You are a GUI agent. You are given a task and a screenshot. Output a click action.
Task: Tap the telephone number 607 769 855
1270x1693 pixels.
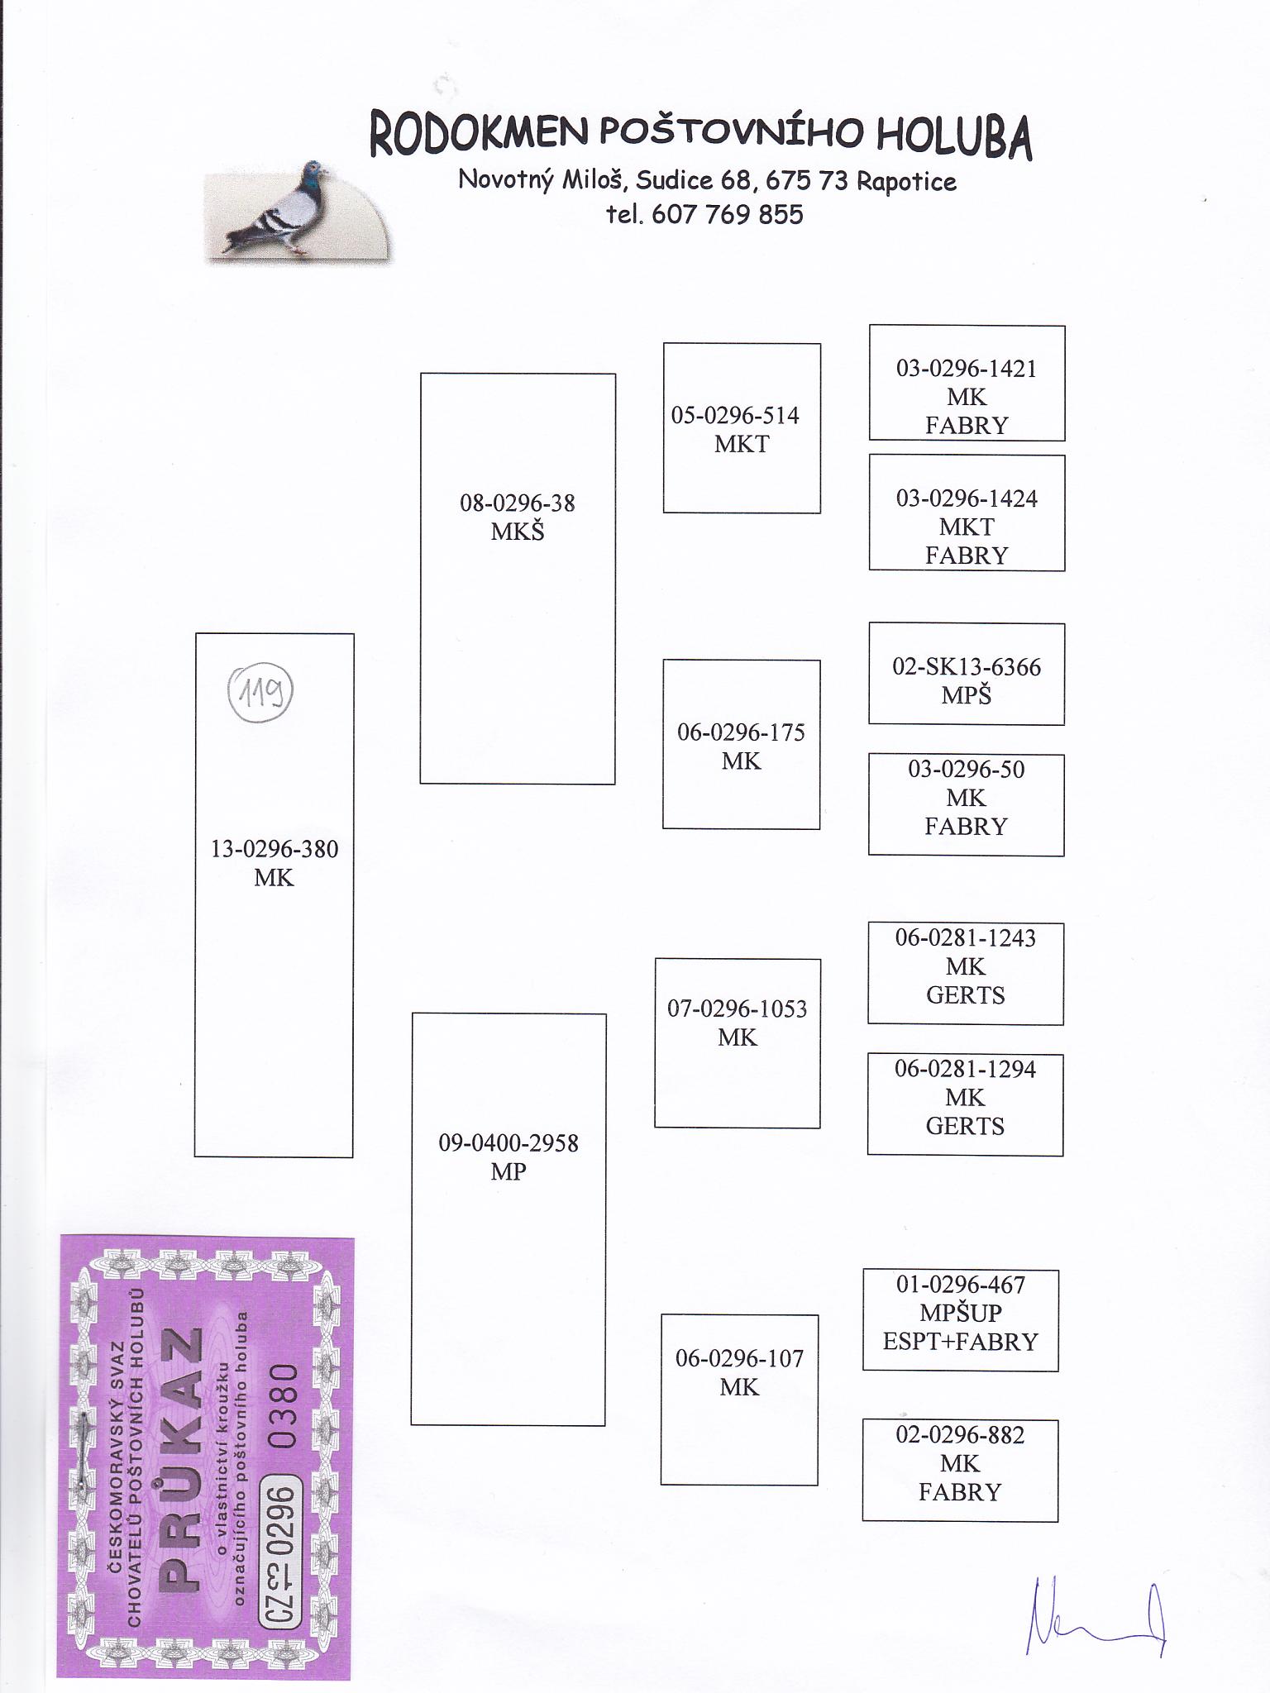[727, 215]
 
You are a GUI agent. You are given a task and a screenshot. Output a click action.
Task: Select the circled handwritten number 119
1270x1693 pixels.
[260, 691]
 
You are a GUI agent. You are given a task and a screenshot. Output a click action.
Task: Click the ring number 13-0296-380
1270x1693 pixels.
[275, 849]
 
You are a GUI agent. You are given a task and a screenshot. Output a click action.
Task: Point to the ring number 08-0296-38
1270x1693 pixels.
[518, 503]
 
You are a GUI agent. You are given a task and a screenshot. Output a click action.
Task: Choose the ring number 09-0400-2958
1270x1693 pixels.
[508, 1143]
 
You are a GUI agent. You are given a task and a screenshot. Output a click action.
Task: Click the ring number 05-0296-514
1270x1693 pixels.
[735, 415]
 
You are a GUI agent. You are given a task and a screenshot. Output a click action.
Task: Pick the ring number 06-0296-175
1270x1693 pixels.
[741, 732]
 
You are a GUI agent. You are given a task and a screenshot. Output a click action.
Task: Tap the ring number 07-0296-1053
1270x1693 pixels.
[738, 1009]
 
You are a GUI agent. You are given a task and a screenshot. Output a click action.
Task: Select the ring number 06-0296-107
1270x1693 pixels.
[739, 1358]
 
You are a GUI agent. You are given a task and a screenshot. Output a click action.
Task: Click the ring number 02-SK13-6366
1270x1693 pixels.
[967, 667]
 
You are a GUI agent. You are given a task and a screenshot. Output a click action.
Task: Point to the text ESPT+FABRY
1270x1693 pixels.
[961, 1341]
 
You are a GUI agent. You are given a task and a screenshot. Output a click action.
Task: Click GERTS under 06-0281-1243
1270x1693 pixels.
[966, 994]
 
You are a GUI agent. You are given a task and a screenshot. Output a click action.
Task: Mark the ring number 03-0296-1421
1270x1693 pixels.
[967, 369]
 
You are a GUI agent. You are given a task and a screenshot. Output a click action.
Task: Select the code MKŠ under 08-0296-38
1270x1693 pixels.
[518, 531]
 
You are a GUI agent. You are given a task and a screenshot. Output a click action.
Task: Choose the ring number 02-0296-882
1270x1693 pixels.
[960, 1435]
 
